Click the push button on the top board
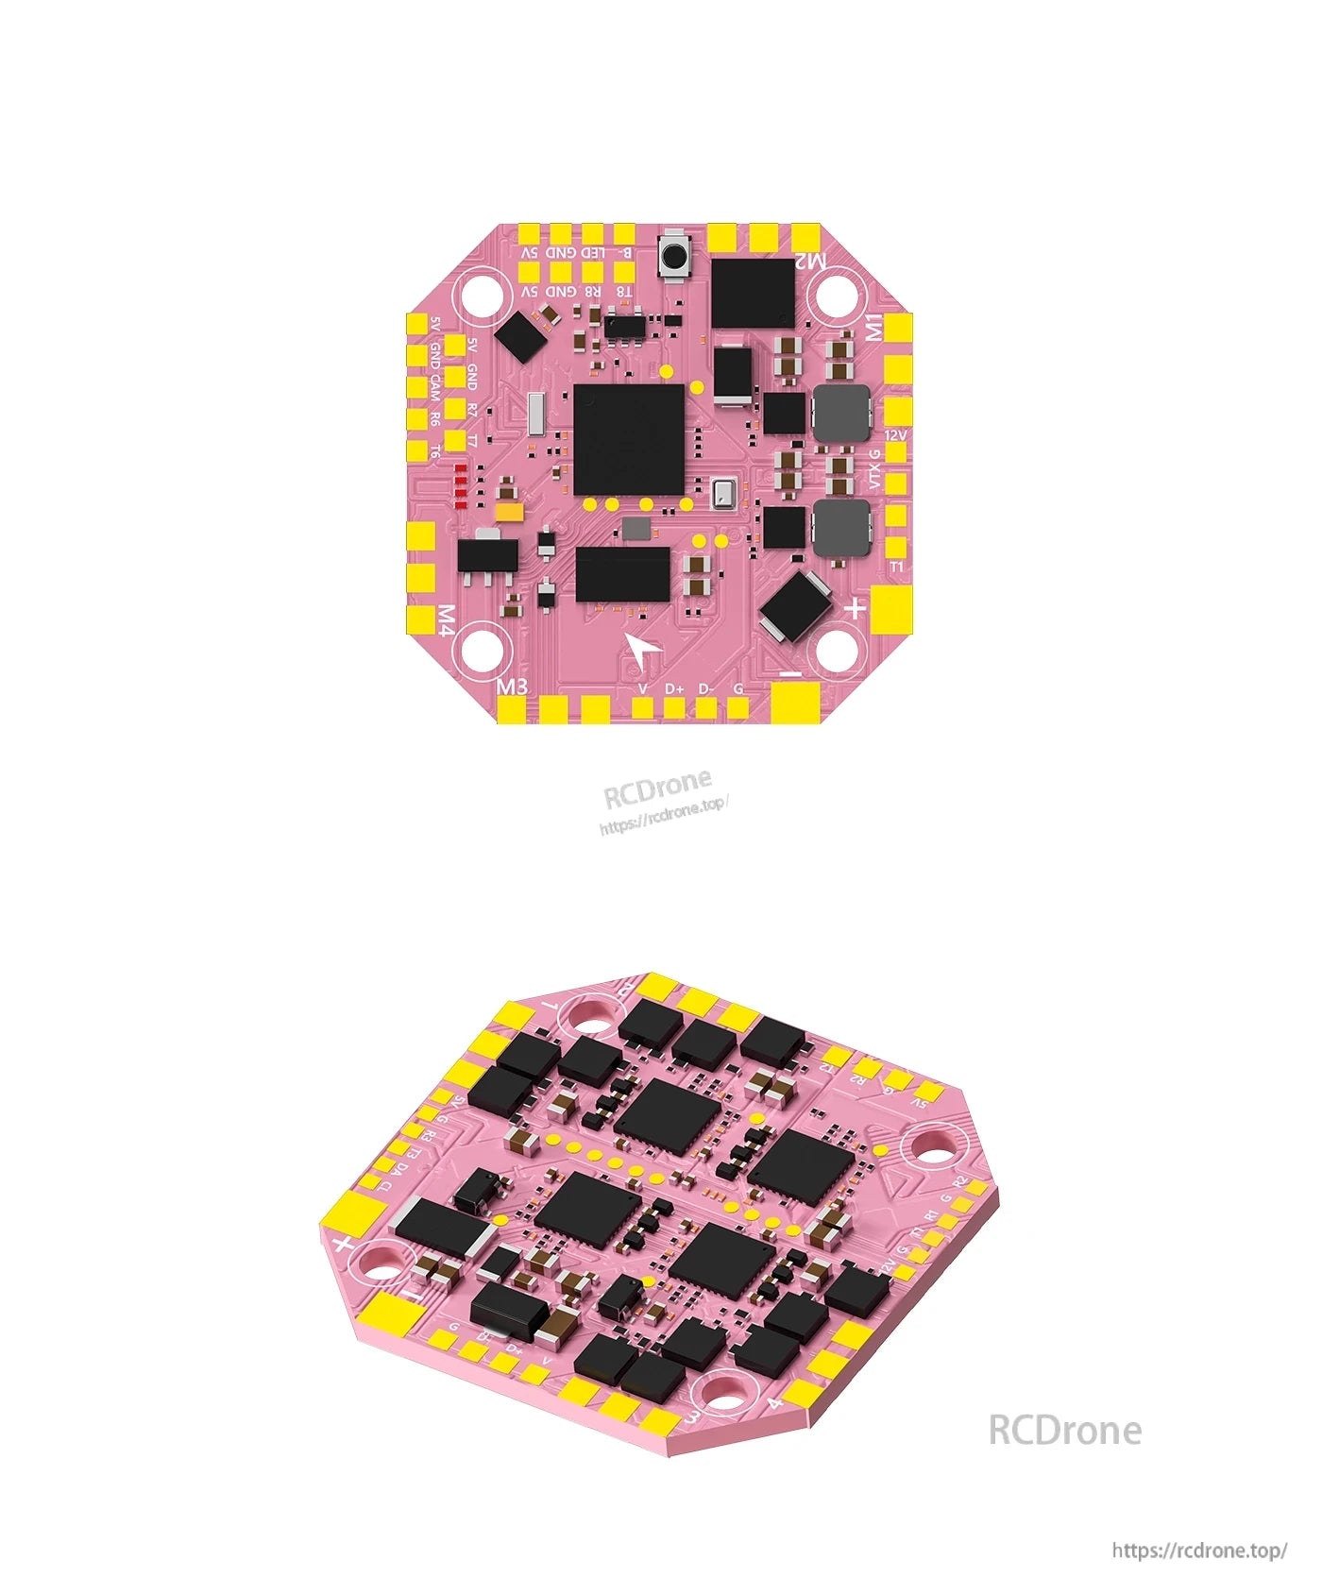click(x=674, y=256)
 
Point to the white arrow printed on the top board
click(x=643, y=651)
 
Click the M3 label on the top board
click(x=513, y=687)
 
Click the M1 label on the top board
click(x=874, y=326)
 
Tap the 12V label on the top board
click(x=896, y=435)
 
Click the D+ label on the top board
click(x=674, y=688)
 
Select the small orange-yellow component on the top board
click(x=509, y=512)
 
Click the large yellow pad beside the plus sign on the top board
click(x=892, y=610)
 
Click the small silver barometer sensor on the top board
click(x=724, y=493)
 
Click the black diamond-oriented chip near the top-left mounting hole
click(x=522, y=337)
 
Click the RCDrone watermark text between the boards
click(x=658, y=789)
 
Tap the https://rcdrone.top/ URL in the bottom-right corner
click(x=1199, y=1551)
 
